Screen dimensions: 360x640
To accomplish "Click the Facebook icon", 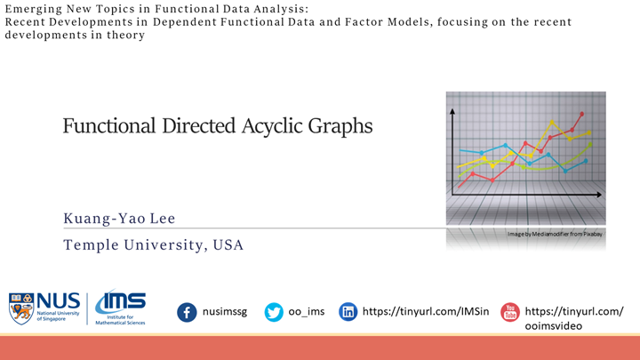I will [187, 312].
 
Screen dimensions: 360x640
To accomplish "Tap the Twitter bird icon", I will [274, 312].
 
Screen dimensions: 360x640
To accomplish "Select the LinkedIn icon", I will [348, 312].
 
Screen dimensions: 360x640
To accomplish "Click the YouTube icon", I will [509, 312].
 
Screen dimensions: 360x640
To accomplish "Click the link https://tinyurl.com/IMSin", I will [422, 312].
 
